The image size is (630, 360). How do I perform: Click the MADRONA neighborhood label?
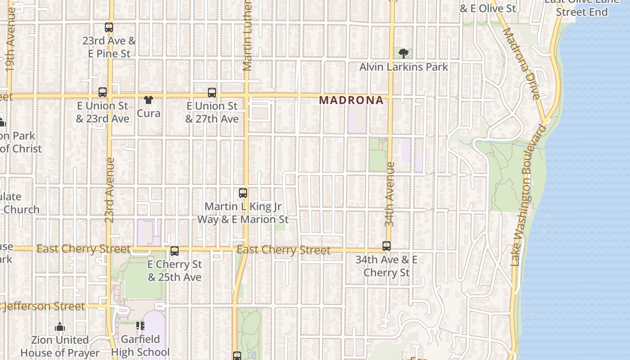point(351,100)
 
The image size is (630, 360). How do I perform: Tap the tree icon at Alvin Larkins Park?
point(404,54)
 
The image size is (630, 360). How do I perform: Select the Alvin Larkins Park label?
point(404,67)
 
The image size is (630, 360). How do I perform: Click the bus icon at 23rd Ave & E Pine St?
point(109,27)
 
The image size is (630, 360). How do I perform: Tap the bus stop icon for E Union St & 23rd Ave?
point(103,92)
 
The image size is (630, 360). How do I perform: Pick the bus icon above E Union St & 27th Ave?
point(212,93)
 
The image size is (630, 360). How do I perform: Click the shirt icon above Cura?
point(148,99)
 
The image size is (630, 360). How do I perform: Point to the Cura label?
point(148,113)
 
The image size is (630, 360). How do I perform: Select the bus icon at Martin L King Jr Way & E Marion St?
point(243,193)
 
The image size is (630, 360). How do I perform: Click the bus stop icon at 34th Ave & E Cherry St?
point(387,246)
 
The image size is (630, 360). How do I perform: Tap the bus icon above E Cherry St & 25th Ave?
point(175,251)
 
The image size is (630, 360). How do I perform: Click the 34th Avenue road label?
point(390,194)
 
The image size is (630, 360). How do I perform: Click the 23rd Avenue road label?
point(109,189)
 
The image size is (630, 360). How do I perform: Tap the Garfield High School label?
point(140,345)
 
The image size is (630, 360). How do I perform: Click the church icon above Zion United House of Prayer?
point(60,327)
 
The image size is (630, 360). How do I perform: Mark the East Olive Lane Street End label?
point(581,6)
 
